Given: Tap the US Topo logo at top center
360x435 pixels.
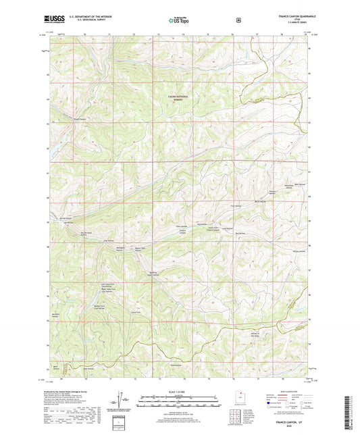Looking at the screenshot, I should click(x=179, y=20).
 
